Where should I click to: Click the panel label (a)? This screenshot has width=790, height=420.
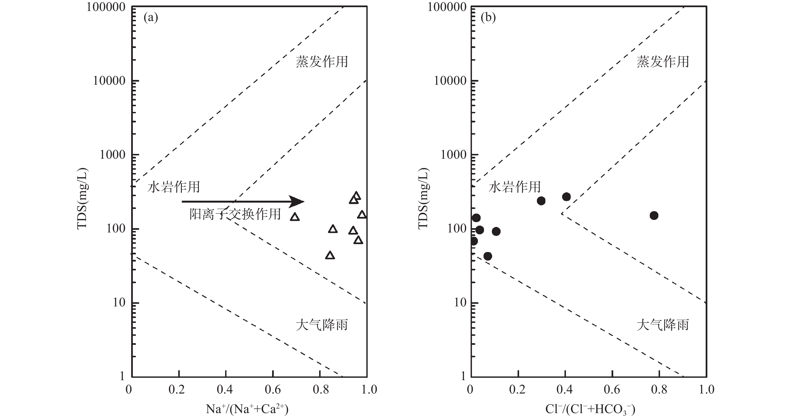click(151, 18)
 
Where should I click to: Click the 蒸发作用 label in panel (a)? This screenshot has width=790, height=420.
click(322, 62)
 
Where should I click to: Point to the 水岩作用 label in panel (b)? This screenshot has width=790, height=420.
click(515, 187)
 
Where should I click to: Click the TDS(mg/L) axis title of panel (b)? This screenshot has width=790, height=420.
click(424, 199)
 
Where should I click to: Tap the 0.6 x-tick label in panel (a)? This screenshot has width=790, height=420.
click(273, 389)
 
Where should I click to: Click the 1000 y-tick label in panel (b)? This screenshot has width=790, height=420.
click(453, 155)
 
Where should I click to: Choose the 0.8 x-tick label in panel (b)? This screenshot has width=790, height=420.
click(659, 389)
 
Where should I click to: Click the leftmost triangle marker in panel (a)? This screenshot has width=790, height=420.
click(295, 217)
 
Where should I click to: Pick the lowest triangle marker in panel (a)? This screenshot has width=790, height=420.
click(330, 255)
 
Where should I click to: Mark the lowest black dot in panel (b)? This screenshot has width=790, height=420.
click(488, 256)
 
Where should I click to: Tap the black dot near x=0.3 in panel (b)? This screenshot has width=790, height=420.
click(541, 201)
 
